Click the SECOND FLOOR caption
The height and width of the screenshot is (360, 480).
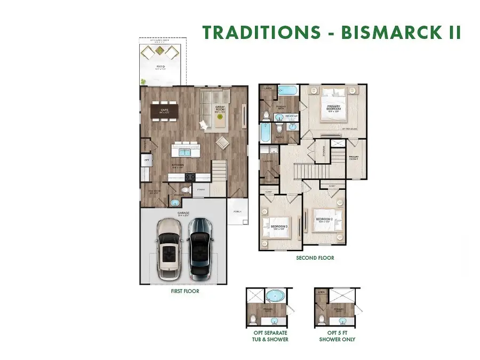click(315, 258)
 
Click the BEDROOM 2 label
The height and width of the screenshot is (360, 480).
click(324, 219)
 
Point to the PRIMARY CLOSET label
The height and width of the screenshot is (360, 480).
click(354, 158)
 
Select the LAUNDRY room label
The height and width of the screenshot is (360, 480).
click(267, 160)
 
